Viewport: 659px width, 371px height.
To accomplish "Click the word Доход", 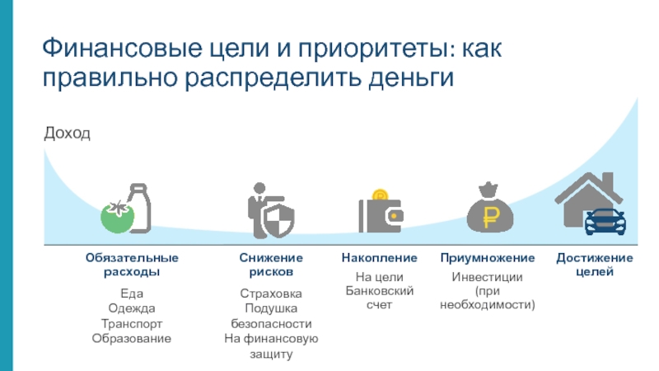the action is [x=66, y=133].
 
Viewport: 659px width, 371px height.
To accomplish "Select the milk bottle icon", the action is [x=138, y=207].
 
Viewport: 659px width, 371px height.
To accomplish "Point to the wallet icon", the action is [x=380, y=216].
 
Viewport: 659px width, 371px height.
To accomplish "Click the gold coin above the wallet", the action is [x=380, y=196].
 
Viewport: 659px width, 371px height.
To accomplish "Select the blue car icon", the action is [x=605, y=222].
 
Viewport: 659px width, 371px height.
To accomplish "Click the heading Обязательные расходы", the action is [x=132, y=265].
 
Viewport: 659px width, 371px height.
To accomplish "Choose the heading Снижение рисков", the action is [x=271, y=265].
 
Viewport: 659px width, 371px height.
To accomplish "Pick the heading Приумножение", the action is [x=487, y=258].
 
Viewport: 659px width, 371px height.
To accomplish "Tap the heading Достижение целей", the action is [x=595, y=265].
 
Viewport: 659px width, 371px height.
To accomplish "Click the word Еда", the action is [x=132, y=293].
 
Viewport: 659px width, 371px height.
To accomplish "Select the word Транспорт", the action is [x=132, y=323].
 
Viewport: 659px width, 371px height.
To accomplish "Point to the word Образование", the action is [x=132, y=338].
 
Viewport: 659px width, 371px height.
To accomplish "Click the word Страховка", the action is [x=271, y=294].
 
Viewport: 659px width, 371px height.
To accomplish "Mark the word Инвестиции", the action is [x=487, y=277].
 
